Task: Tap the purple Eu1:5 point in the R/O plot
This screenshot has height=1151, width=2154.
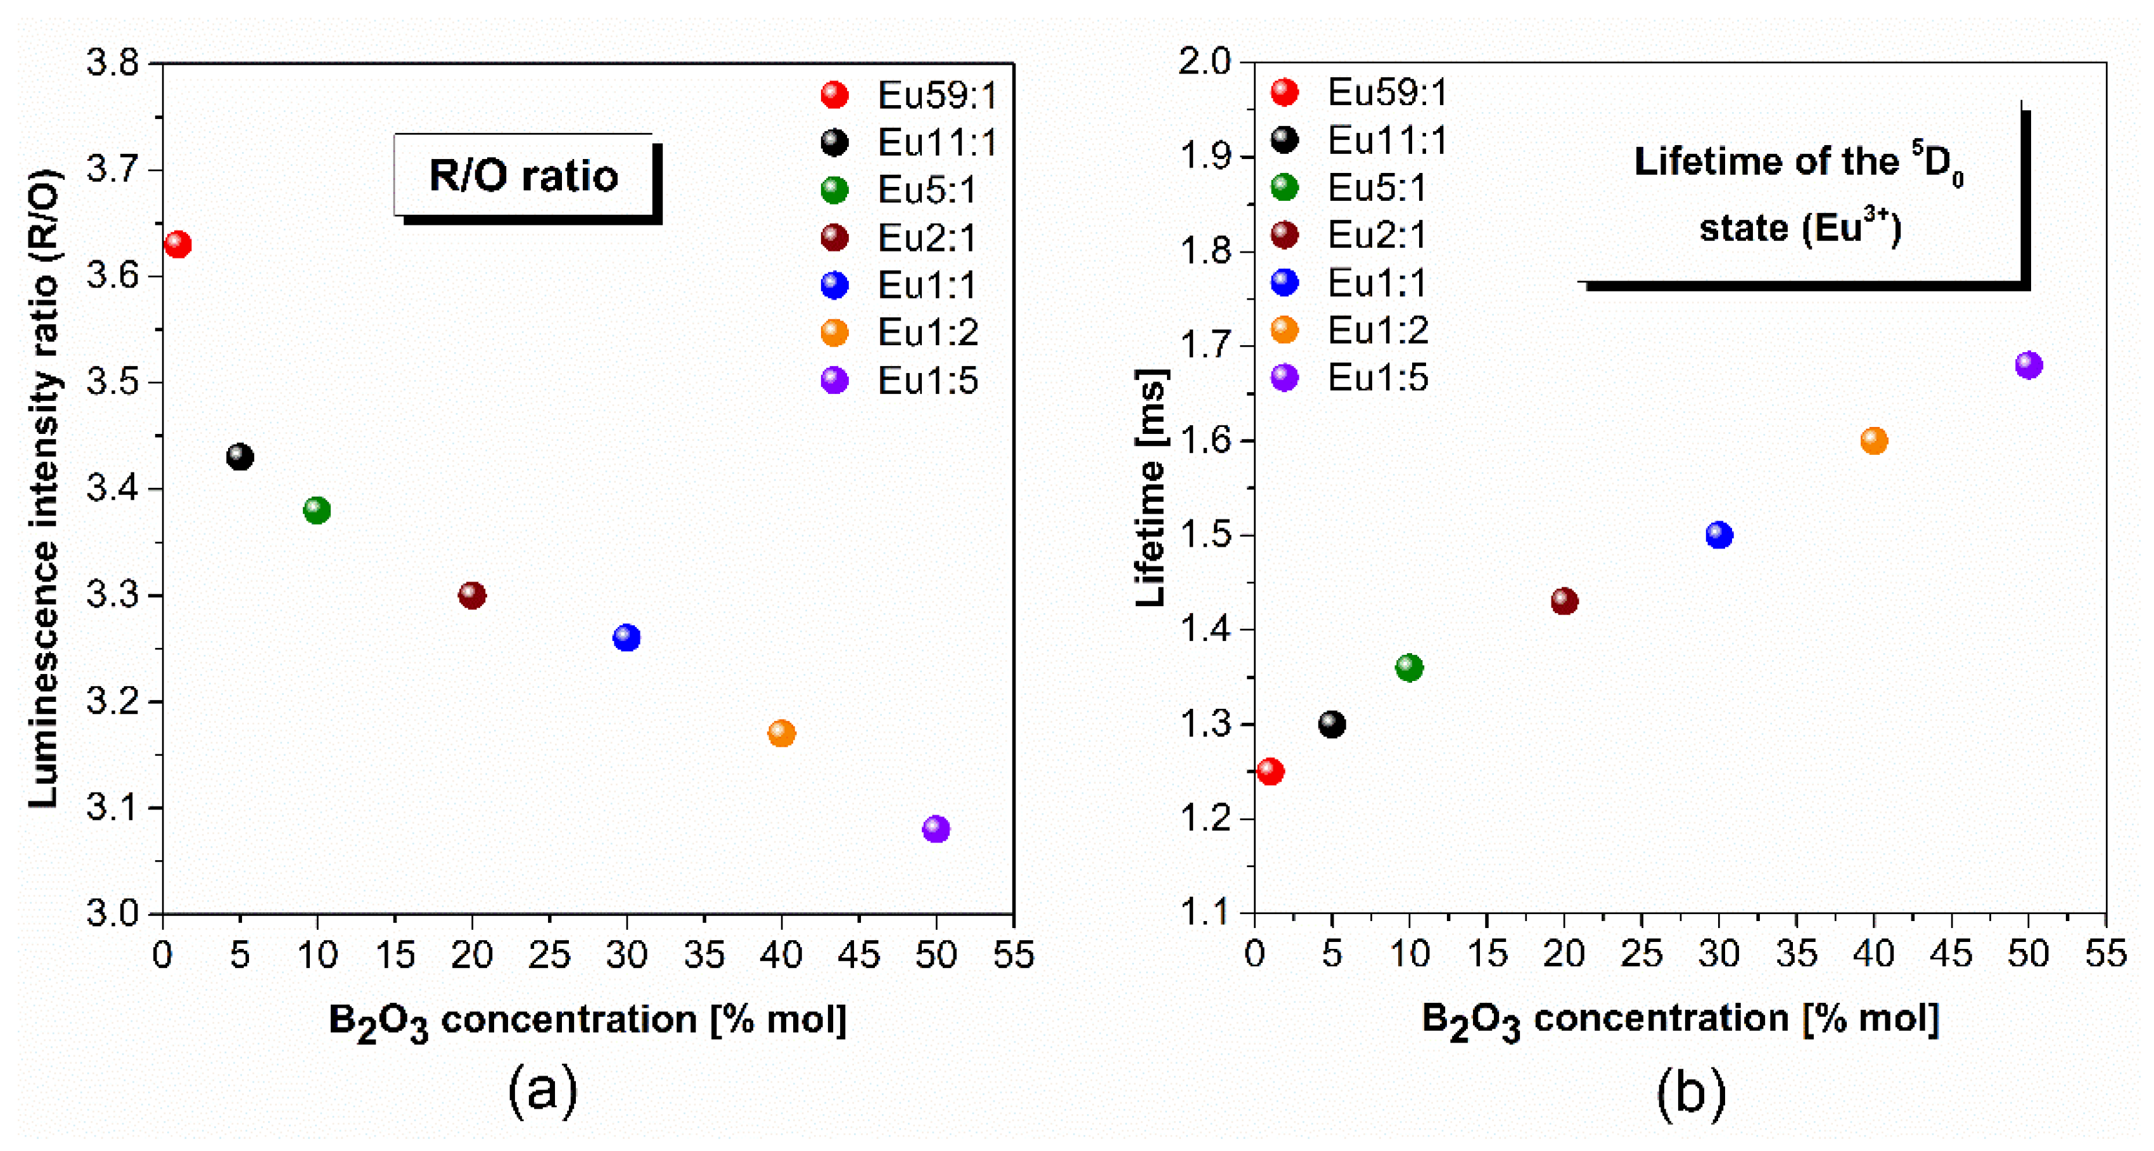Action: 936,829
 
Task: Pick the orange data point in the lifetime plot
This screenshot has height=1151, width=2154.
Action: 1874,440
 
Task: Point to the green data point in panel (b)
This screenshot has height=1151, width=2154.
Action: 1409,667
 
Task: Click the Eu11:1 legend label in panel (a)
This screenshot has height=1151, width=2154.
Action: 936,143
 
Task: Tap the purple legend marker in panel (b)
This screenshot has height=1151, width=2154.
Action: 1284,378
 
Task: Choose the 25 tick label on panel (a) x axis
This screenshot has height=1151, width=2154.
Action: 549,955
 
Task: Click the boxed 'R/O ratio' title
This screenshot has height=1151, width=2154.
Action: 523,175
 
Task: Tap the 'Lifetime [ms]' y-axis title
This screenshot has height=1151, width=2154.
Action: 1151,488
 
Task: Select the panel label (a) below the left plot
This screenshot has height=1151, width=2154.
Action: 543,1089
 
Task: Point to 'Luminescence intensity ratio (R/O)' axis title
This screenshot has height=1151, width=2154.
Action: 44,488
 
